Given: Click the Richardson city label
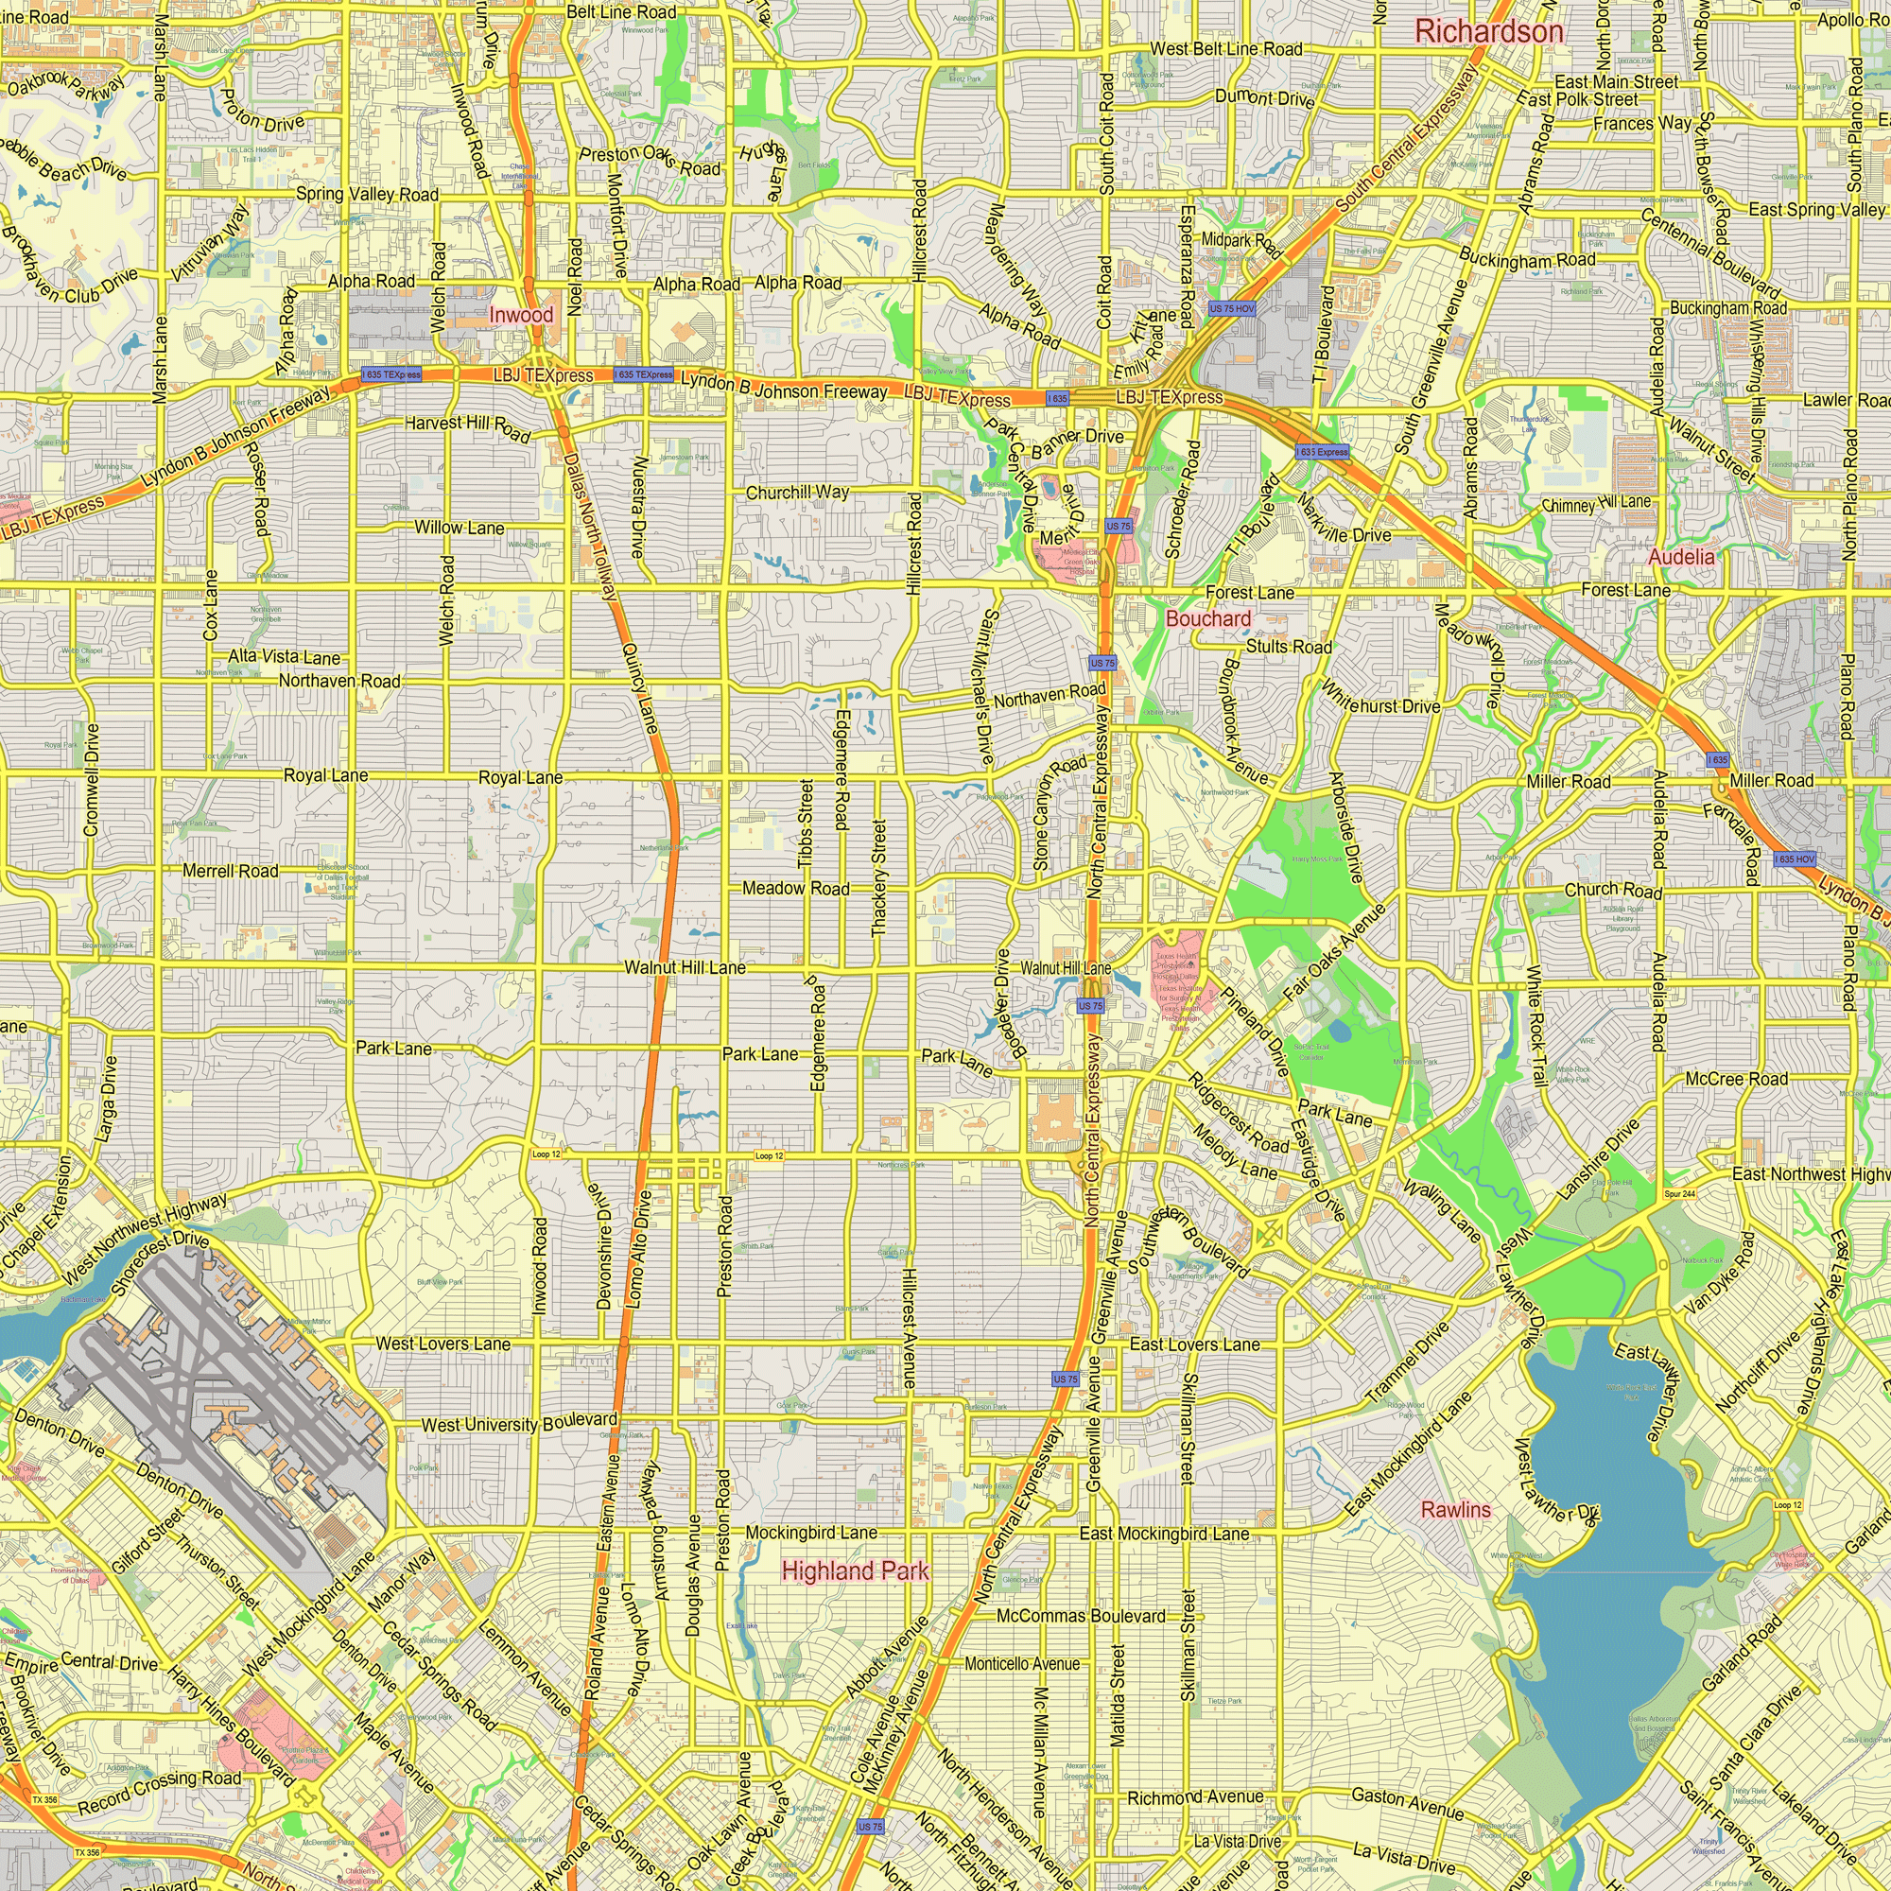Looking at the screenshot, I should click(x=1489, y=31).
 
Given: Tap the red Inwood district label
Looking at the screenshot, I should click(x=521, y=315).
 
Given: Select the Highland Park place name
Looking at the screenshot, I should click(x=856, y=1570).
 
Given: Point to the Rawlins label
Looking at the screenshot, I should click(x=1455, y=1509).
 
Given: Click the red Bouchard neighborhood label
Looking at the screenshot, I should click(x=1207, y=618).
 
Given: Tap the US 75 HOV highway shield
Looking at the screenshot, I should click(x=1231, y=308).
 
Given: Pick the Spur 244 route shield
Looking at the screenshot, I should click(x=1679, y=1194).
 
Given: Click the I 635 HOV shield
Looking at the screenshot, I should click(x=1796, y=859).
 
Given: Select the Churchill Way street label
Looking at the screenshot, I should click(x=798, y=493).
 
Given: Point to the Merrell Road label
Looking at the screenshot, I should click(x=230, y=870).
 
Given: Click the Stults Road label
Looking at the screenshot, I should click(x=1288, y=647).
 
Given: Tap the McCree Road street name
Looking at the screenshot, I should click(x=1736, y=1079).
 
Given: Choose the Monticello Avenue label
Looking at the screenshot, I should click(x=1022, y=1664).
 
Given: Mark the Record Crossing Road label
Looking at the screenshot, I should click(x=160, y=1791).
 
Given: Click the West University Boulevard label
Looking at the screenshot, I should click(x=519, y=1422).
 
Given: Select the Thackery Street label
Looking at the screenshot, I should click(x=878, y=878).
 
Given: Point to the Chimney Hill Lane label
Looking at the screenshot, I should click(x=1595, y=504).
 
